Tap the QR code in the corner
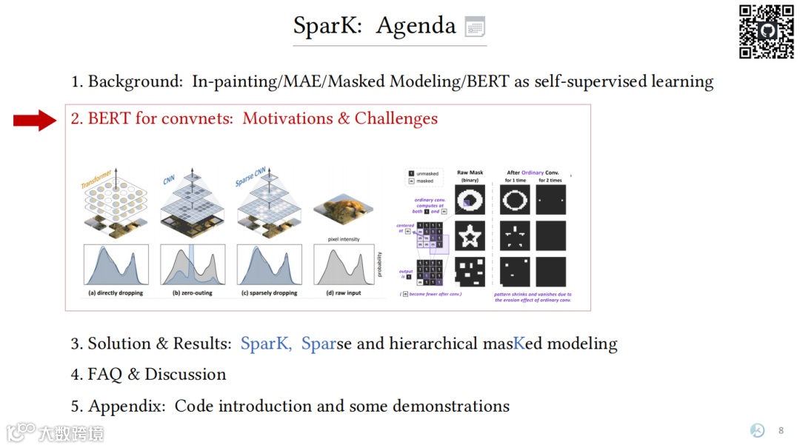click(767, 31)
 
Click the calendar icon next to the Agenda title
click(475, 27)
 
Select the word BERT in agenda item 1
click(487, 81)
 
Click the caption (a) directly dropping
click(116, 293)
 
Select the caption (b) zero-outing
click(193, 293)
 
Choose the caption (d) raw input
click(343, 293)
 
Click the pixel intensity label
click(343, 239)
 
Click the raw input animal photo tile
click(343, 211)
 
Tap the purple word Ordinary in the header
click(533, 173)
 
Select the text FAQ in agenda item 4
click(104, 375)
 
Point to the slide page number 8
click(781, 431)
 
